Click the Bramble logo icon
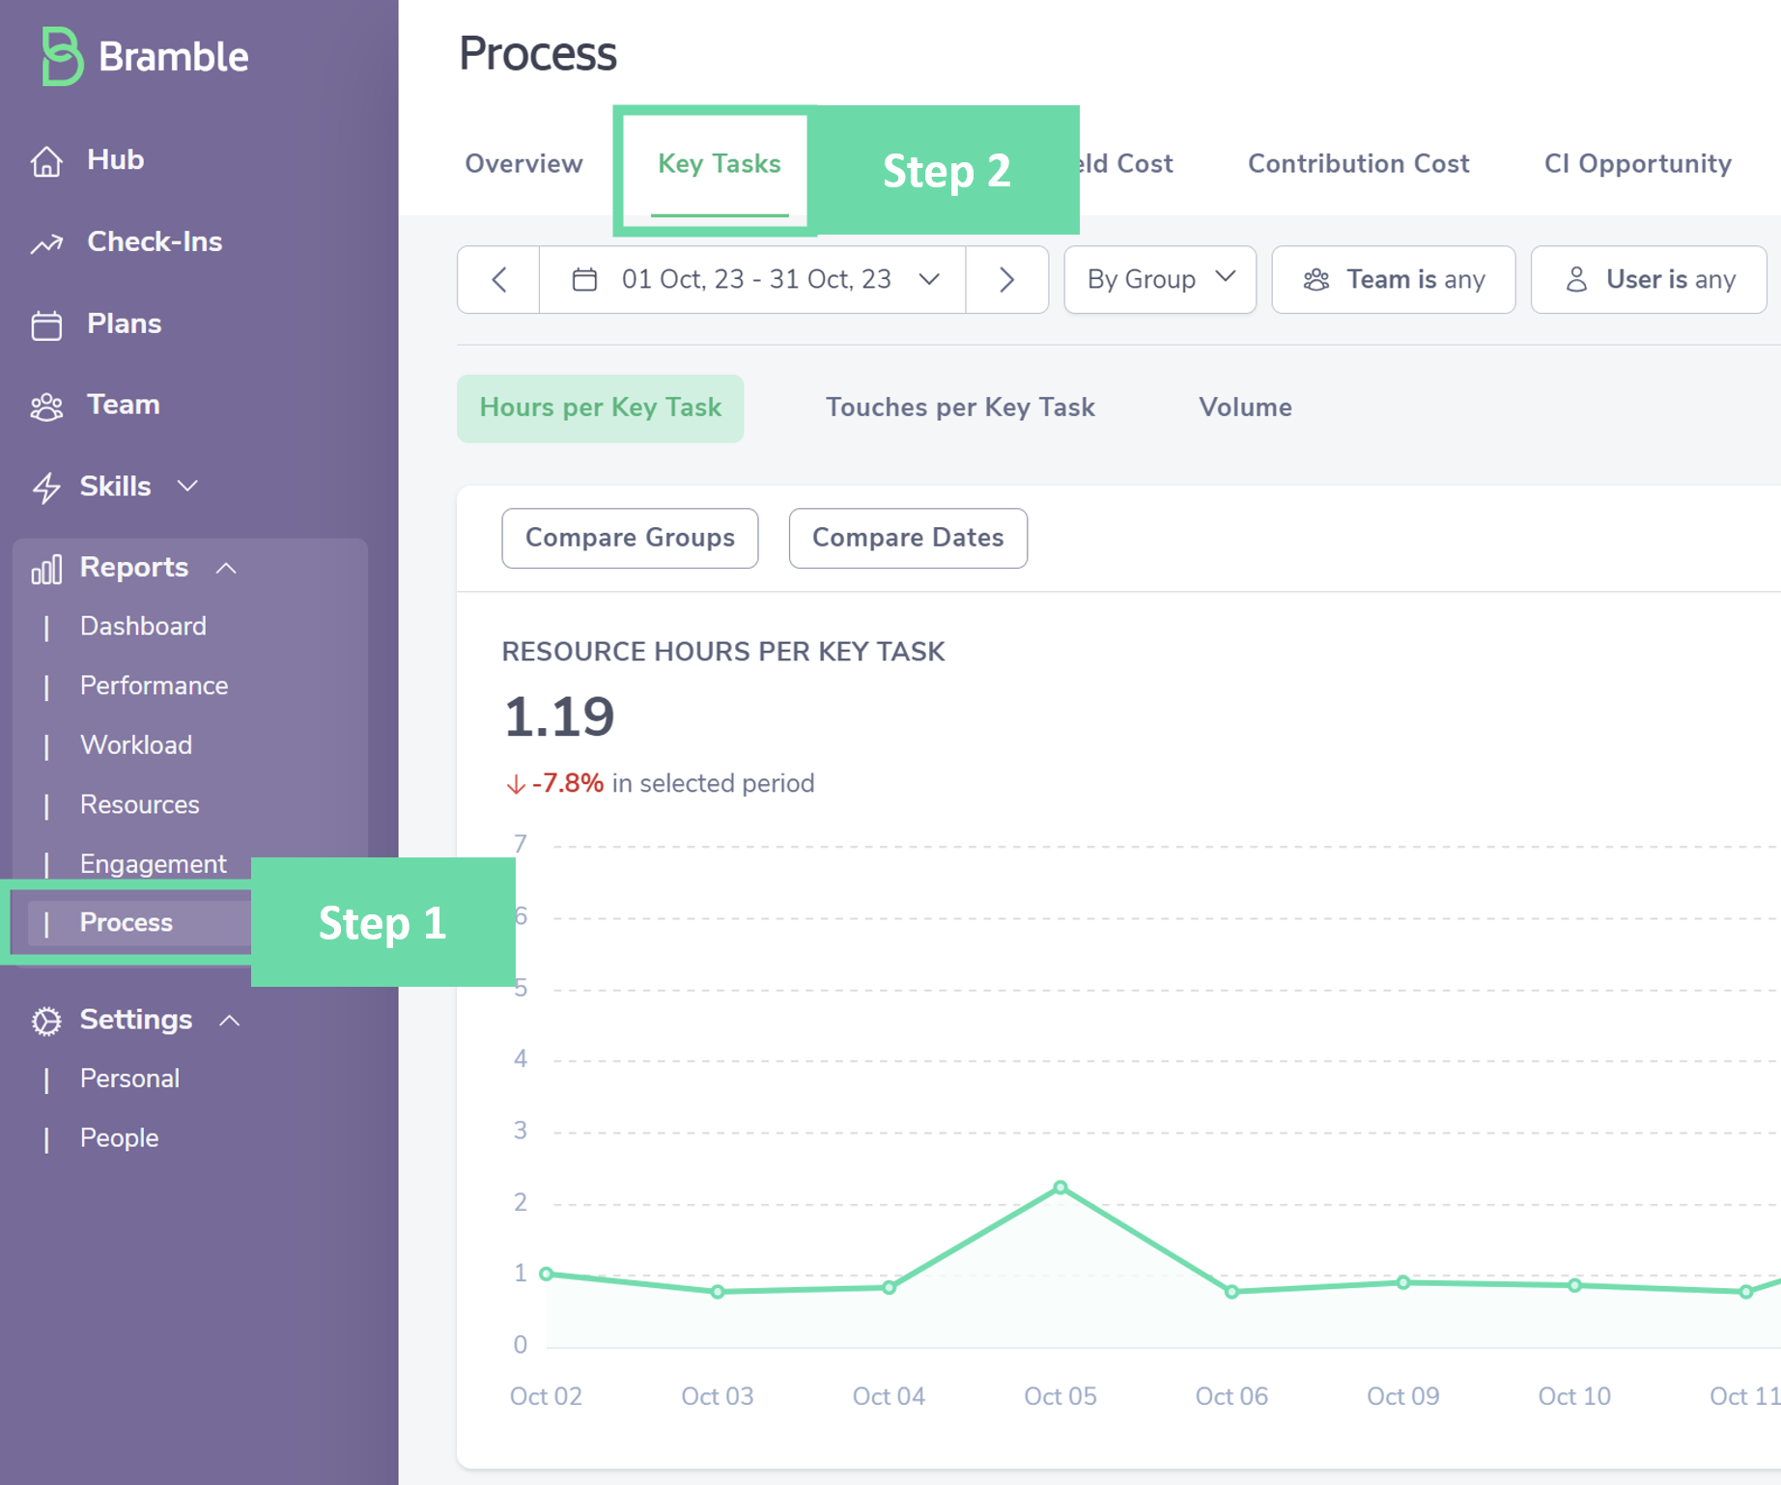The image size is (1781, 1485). pos(61,56)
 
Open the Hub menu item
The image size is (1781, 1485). pos(114,160)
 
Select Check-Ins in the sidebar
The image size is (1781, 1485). pos(154,241)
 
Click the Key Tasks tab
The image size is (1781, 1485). pos(719,164)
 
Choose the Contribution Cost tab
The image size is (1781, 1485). pos(1358,164)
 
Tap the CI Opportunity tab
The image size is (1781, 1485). pos(1637,164)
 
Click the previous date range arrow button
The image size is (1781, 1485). pos(498,280)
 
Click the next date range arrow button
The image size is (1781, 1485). pos(1006,280)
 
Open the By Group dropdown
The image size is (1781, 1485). pos(1160,280)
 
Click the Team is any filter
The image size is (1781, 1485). pos(1393,280)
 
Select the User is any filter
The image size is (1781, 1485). pos(1649,280)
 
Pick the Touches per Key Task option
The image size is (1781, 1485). pos(959,407)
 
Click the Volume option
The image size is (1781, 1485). pos(1245,407)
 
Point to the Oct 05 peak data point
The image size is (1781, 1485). pos(1060,1187)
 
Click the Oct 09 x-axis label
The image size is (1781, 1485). pos(1402,1396)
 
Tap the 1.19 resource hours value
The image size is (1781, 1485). pos(559,716)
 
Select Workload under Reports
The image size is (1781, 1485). pos(136,745)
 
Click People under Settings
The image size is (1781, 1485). pos(119,1138)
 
